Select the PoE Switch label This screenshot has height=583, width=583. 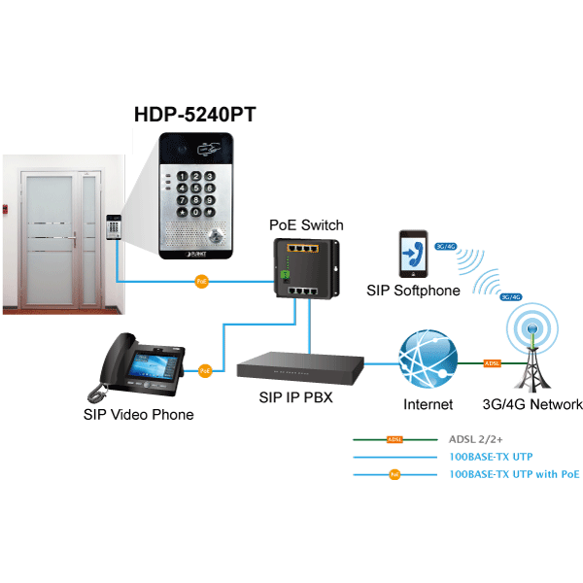[306, 225]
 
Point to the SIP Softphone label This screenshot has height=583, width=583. [413, 291]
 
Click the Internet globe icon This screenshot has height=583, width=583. [428, 361]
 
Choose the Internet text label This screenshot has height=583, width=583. [429, 404]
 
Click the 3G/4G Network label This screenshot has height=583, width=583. [532, 404]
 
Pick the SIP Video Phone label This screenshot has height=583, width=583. [139, 415]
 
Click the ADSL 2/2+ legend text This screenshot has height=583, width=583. [477, 438]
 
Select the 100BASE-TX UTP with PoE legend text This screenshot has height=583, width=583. [515, 474]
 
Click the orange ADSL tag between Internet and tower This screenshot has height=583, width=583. [492, 363]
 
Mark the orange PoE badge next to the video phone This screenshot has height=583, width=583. [205, 370]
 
